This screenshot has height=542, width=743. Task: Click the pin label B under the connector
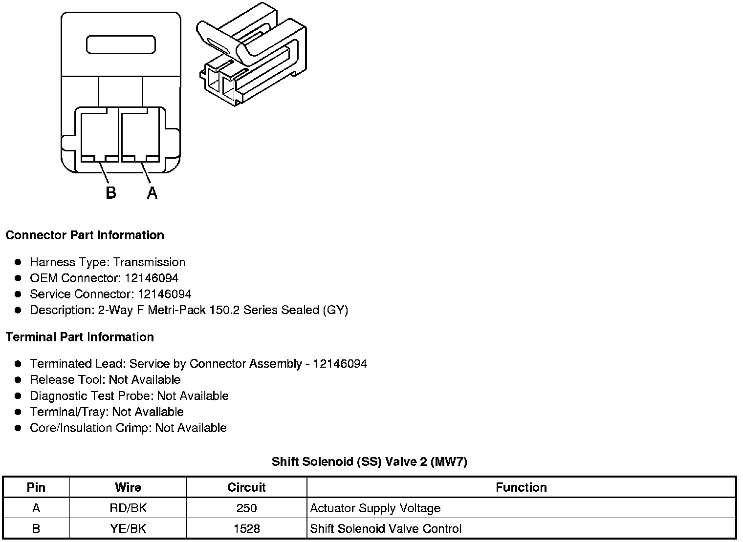click(x=111, y=193)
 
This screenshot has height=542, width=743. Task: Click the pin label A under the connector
click(x=153, y=193)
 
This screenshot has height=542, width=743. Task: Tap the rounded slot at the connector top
click(x=121, y=44)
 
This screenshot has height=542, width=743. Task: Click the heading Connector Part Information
click(x=85, y=235)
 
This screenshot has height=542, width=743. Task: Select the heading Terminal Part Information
click(x=80, y=337)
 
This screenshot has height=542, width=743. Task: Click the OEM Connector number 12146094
click(x=152, y=278)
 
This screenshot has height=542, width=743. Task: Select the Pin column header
click(x=36, y=487)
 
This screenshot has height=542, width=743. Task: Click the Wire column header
click(x=128, y=487)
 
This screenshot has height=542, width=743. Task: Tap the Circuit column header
click(x=246, y=487)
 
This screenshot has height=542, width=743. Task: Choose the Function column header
click(x=521, y=487)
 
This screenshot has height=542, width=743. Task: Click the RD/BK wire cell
click(x=128, y=508)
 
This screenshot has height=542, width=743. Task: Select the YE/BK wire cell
click(x=128, y=528)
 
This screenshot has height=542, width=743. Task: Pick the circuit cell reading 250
click(x=246, y=508)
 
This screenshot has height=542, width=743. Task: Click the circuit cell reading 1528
click(x=246, y=528)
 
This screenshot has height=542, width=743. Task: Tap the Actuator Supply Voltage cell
click(x=375, y=508)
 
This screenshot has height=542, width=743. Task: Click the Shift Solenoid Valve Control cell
click(x=386, y=528)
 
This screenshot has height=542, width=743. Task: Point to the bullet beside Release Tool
click(x=18, y=380)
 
